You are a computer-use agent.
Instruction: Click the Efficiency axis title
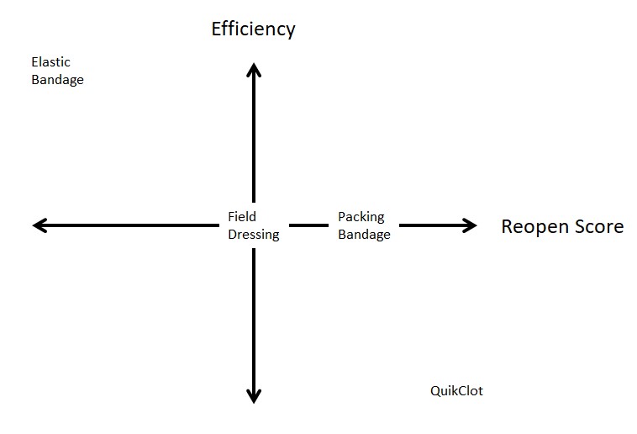253,29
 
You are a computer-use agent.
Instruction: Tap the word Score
598,226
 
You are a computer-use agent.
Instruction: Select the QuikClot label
456,391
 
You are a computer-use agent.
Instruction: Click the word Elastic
50,62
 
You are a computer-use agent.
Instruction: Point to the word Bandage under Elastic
57,80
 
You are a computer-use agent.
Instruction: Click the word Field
242,217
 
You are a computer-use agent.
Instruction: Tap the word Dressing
253,235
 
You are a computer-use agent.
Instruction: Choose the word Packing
361,217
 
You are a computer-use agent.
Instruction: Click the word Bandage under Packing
364,235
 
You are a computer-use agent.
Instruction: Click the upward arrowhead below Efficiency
253,70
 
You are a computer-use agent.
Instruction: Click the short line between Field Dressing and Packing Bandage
308,225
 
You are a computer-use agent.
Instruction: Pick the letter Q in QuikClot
435,391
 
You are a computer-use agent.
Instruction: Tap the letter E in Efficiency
217,29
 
